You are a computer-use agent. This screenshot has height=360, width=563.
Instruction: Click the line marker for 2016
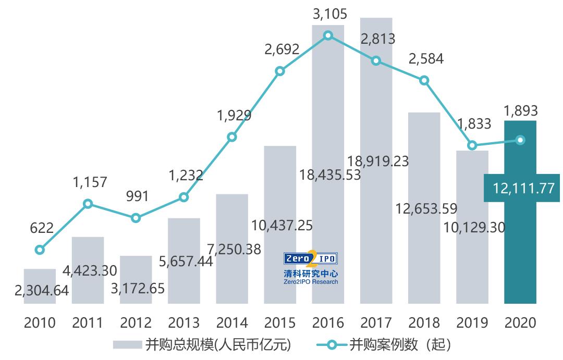pyautogui.click(x=328, y=35)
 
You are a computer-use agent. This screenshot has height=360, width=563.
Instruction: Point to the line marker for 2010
pyautogui.click(x=40, y=250)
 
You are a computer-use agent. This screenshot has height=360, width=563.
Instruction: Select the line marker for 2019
pyautogui.click(x=472, y=145)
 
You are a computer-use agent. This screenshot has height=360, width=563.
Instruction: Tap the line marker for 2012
pyautogui.click(x=136, y=218)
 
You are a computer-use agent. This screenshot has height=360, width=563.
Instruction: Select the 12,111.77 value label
pyautogui.click(x=521, y=188)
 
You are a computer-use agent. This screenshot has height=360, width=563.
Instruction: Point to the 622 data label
pyautogui.click(x=42, y=228)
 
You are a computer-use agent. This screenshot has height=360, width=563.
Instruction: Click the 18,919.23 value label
pyautogui.click(x=378, y=160)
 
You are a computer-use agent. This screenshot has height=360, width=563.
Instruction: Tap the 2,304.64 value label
pyautogui.click(x=42, y=291)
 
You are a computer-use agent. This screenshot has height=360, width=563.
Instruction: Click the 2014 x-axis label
pyautogui.click(x=231, y=323)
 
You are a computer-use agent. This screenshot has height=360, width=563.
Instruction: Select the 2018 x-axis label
pyautogui.click(x=424, y=323)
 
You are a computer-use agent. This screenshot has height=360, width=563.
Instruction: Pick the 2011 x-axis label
pyautogui.click(x=88, y=323)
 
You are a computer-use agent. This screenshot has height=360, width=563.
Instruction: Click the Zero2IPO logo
pyautogui.click(x=311, y=268)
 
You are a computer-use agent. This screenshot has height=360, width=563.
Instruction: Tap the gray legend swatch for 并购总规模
pyautogui.click(x=127, y=345)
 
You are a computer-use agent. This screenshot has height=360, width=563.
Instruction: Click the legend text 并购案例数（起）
pyautogui.click(x=399, y=345)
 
